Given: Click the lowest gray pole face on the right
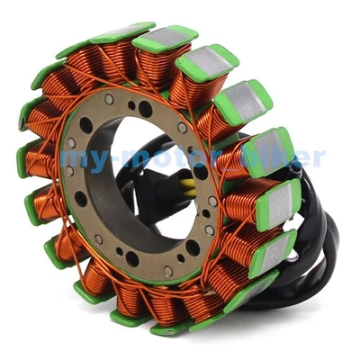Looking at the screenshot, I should pyautogui.click(x=270, y=247).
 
